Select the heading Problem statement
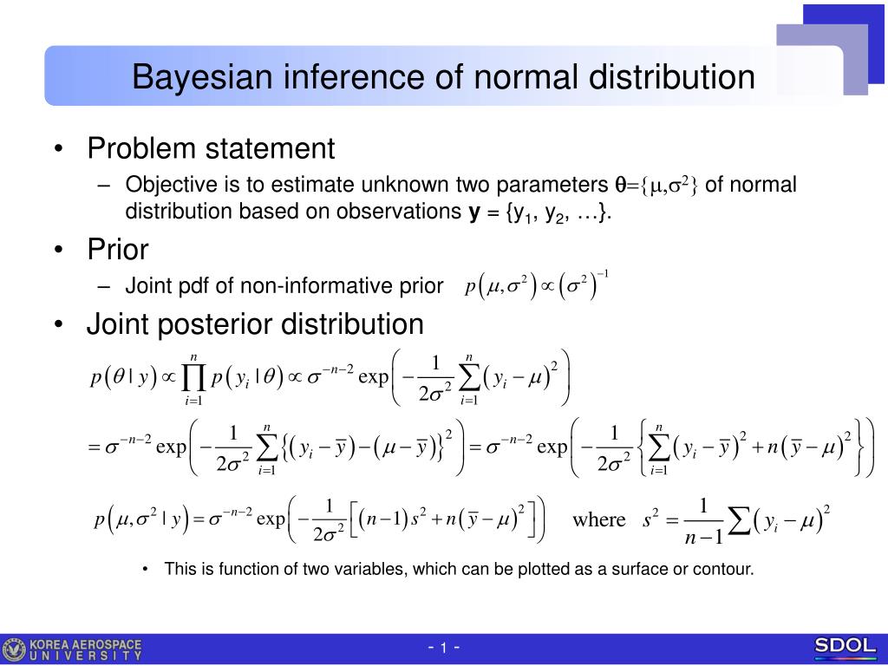(x=211, y=148)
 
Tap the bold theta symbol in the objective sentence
(x=620, y=186)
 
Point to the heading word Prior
(x=118, y=249)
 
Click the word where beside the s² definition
(x=598, y=519)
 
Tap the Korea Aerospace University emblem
(x=13, y=650)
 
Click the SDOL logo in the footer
(x=845, y=645)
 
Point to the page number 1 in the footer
(x=443, y=647)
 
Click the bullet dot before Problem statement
(x=59, y=149)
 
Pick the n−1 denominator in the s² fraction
(x=704, y=536)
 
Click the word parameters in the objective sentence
(x=552, y=186)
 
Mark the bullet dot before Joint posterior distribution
(x=59, y=324)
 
